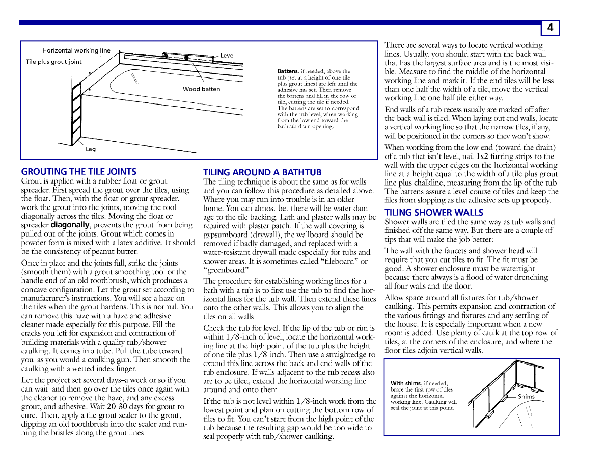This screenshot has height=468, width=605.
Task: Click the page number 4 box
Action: (x=550, y=28)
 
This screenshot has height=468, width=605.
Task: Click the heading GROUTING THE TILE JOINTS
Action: (x=79, y=172)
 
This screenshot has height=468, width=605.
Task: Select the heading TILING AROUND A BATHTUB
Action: (x=262, y=172)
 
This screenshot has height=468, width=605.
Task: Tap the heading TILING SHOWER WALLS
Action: (x=434, y=212)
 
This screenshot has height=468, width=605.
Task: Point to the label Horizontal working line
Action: (x=76, y=50)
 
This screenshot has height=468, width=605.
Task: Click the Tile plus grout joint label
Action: (x=54, y=62)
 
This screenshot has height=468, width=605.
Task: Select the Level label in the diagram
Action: (x=228, y=55)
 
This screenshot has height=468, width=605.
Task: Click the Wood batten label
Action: (x=202, y=89)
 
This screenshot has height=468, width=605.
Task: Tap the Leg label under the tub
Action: (x=90, y=149)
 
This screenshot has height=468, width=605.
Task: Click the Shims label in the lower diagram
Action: (x=526, y=396)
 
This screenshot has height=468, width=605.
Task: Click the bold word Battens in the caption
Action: (x=288, y=71)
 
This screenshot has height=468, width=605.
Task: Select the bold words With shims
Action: (x=406, y=383)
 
